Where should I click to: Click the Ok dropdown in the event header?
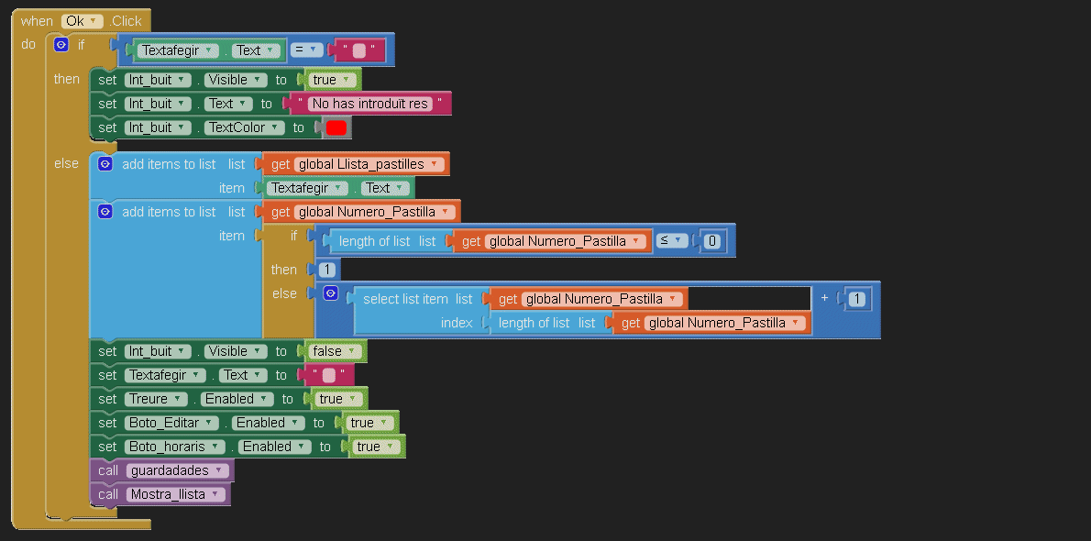pyautogui.click(x=82, y=20)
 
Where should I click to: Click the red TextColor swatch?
pyautogui.click(x=336, y=128)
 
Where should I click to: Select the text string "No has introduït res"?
pyautogui.click(x=370, y=104)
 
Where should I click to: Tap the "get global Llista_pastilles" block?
pyautogui.click(x=355, y=164)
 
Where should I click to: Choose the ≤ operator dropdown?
pyautogui.click(x=672, y=241)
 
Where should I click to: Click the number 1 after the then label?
pyautogui.click(x=327, y=270)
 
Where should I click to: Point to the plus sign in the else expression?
pyautogui.click(x=825, y=299)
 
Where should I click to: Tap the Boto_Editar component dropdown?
pyautogui.click(x=172, y=423)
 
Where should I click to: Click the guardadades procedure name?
pyautogui.click(x=177, y=470)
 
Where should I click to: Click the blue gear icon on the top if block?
pyautogui.click(x=61, y=44)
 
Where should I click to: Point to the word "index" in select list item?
pyautogui.click(x=457, y=323)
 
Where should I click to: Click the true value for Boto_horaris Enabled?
pyautogui.click(x=374, y=447)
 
